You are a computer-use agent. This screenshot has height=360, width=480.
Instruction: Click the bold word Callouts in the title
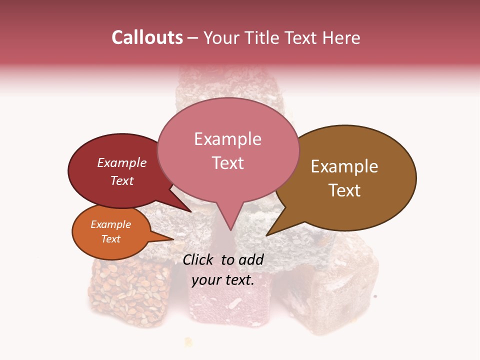pos(147,37)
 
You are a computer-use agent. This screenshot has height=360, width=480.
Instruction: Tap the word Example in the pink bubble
pos(227,139)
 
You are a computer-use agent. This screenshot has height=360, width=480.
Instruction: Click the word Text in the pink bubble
pos(227,163)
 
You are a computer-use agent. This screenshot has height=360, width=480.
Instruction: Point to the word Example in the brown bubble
pos(344,166)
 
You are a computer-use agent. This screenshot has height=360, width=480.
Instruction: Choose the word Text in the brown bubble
pos(344,190)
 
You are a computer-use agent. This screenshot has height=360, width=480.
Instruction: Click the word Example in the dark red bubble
pos(121,163)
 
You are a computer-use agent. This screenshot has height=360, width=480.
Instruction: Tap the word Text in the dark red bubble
pos(121,180)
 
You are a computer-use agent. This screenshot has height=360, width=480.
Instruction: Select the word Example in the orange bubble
pos(110,224)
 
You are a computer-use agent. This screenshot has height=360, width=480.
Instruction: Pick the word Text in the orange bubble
pos(110,239)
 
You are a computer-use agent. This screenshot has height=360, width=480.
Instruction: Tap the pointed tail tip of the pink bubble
pos(230,230)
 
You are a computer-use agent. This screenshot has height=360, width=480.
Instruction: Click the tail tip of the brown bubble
pos(266,235)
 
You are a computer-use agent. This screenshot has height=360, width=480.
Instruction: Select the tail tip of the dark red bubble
pos(192,212)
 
